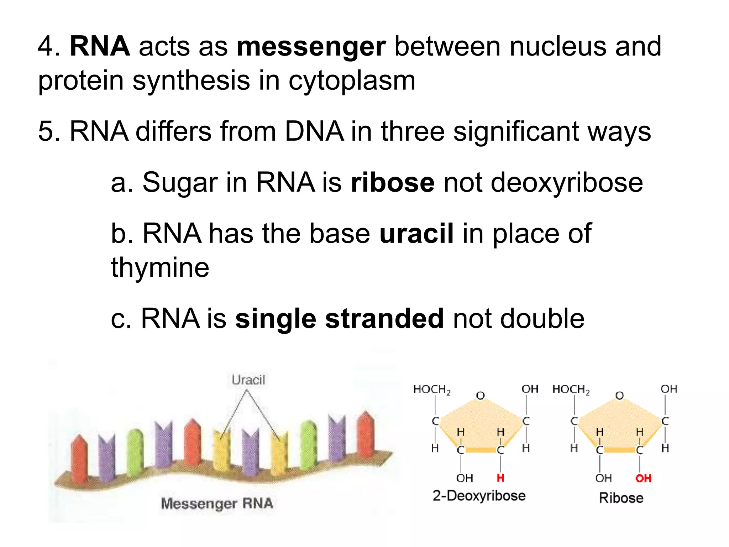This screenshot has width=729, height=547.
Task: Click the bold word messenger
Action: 311,47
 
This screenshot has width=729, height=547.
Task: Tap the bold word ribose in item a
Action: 392,183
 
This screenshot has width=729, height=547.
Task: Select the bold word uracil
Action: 416,234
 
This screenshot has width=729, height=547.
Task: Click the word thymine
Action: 160,267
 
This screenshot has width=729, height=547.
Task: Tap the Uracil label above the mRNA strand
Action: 248,380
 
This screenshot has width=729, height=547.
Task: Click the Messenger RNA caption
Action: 217,504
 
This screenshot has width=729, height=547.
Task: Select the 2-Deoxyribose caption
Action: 479,496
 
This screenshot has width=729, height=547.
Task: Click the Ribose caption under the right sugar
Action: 621,498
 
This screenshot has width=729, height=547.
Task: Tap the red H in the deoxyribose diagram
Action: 500,478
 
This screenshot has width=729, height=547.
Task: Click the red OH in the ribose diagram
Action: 643,478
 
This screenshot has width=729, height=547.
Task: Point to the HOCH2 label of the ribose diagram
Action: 571,390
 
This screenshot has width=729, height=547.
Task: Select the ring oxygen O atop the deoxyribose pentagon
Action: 481,395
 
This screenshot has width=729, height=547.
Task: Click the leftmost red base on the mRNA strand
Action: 79,458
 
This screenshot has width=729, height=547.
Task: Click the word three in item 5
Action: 413,132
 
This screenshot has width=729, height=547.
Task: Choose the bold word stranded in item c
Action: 384,318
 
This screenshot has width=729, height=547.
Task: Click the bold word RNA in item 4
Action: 100,47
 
